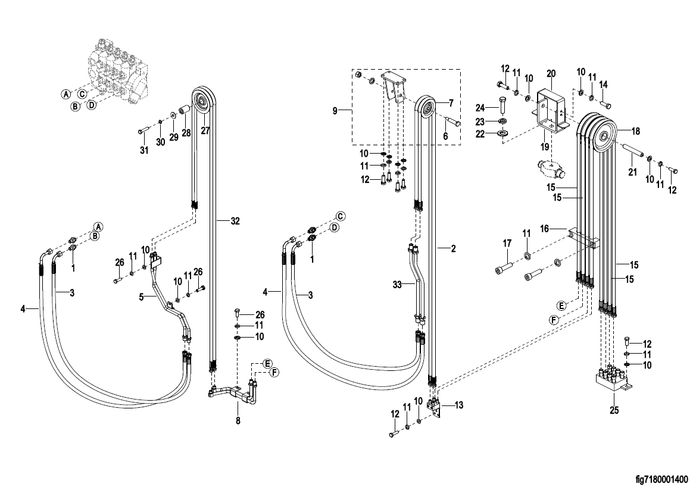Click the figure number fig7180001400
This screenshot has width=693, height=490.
point(661,479)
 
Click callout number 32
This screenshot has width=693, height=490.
point(235,221)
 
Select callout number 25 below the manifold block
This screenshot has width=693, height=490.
point(614,410)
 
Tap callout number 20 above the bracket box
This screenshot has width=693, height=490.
point(551,73)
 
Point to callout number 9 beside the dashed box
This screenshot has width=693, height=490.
point(335,111)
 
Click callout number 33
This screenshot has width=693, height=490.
point(397,285)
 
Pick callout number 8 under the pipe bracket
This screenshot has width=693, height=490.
point(238,420)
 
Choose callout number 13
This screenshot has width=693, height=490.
point(459,405)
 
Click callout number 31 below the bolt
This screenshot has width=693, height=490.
point(144,151)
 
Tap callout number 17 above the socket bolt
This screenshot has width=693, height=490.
point(507,243)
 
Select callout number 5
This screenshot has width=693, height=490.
point(142,297)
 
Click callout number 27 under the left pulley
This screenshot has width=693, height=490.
point(205,130)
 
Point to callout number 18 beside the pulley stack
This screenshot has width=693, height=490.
point(635,131)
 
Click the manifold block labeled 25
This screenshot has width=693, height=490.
point(611,381)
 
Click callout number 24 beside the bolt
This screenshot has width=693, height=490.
point(480,108)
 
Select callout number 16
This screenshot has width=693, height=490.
point(545,229)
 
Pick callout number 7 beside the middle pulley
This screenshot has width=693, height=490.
point(451,104)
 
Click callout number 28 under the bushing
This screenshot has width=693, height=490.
point(186,132)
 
